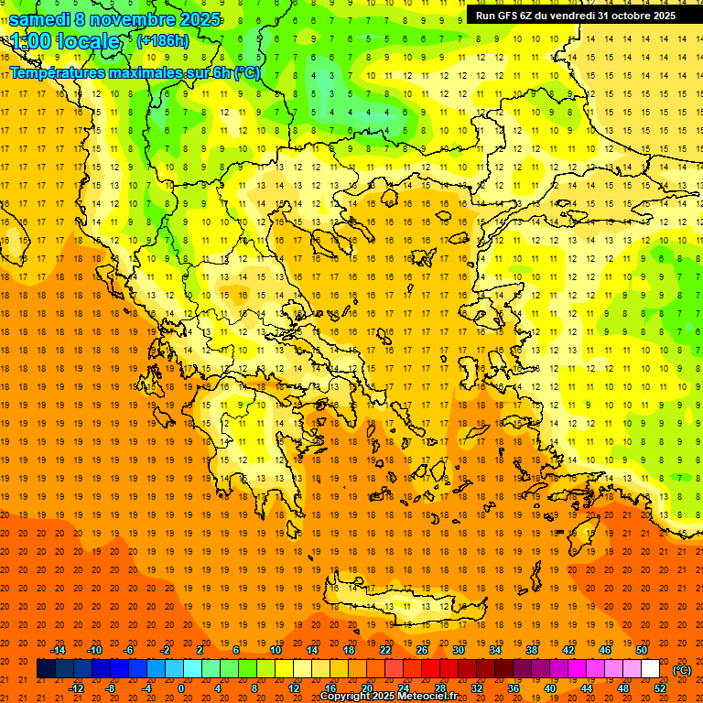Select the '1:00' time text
click(31, 41)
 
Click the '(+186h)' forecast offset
click(162, 41)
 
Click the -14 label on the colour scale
click(58, 650)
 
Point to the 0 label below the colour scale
click(180, 688)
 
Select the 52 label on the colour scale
click(660, 688)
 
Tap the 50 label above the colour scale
click(641, 650)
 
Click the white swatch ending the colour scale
click(650, 669)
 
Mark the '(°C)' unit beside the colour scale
click(682, 670)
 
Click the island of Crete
click(394, 600)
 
